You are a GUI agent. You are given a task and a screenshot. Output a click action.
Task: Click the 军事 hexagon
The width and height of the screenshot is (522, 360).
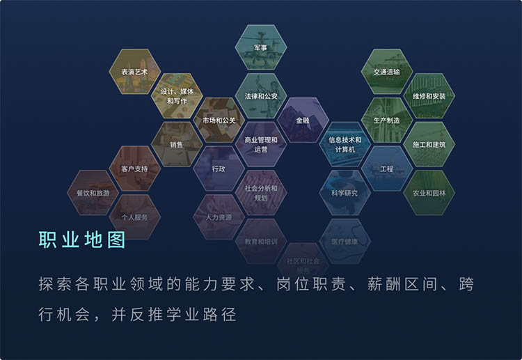[261, 47]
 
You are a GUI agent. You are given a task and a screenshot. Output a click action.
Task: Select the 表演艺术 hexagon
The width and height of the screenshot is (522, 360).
[134, 72]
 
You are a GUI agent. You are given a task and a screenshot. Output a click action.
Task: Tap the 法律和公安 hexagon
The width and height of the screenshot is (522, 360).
[261, 96]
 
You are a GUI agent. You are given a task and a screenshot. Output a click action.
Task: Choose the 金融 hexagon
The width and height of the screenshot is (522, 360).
[303, 120]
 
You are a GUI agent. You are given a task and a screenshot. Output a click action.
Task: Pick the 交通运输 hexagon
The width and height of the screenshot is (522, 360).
[386, 72]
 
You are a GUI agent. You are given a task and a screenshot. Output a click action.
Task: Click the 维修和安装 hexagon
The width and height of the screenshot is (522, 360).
[429, 96]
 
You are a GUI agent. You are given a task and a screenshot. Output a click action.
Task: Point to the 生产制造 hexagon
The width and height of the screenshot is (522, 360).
[386, 120]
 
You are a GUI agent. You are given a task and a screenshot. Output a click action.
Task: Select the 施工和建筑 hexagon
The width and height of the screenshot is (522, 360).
[429, 144]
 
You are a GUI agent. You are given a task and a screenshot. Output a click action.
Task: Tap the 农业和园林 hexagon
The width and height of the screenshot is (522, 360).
[429, 193]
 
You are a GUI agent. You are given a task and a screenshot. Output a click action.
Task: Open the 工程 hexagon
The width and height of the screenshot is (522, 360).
[387, 169]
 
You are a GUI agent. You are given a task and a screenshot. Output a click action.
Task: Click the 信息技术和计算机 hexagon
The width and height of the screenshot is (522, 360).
[345, 144]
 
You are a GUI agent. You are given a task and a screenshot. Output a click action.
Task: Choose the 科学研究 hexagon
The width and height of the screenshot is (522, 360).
[345, 193]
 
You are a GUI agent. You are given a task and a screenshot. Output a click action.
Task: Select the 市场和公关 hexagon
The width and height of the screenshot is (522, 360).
[219, 120]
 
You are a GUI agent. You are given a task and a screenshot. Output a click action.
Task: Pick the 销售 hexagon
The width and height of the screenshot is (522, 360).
[177, 144]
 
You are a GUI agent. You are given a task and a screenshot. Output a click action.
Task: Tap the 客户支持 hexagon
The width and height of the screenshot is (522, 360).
[134, 169]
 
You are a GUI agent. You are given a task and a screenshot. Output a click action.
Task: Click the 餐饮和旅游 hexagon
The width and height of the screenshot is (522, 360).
[93, 193]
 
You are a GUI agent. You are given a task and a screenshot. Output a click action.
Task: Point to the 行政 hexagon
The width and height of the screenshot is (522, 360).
[219, 169]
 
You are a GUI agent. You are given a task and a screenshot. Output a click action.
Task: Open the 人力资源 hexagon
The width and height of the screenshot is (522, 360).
[219, 217]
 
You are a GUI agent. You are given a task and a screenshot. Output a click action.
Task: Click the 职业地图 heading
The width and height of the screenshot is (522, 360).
[82, 240]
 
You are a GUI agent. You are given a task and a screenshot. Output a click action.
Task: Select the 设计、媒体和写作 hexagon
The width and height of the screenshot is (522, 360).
[177, 96]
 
